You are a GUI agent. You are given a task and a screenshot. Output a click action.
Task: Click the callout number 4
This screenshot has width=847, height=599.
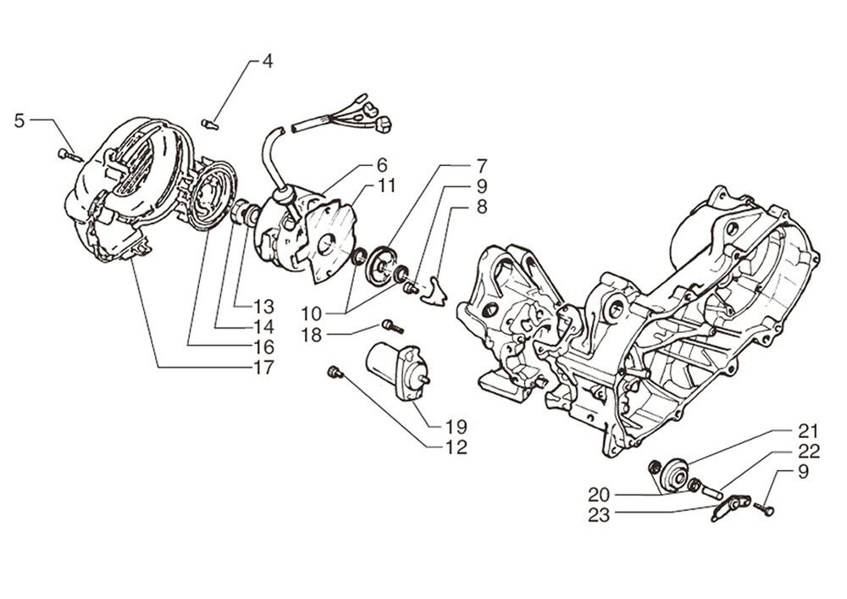coord(267,62)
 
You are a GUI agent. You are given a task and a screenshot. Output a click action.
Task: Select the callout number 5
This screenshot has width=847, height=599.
coord(19,121)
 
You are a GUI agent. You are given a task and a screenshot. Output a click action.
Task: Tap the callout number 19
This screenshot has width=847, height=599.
coord(457,425)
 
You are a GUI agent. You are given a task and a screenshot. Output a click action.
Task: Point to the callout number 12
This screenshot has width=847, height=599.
coord(457,447)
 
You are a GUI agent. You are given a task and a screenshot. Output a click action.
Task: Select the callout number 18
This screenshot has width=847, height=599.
coord(312,336)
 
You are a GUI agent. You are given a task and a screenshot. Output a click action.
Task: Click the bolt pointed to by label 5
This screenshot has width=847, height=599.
coord(67,154)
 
